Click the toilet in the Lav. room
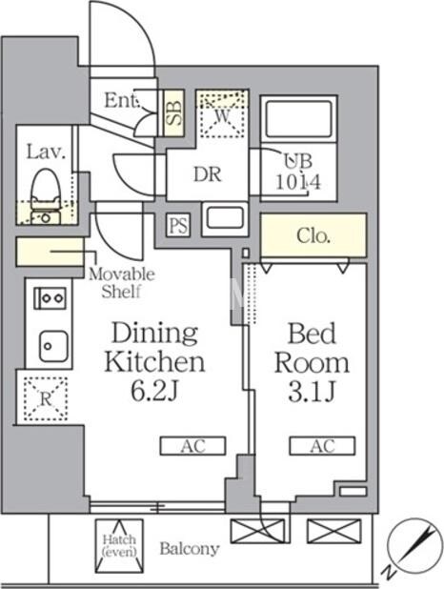46,195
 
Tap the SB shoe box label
174,113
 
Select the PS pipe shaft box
178,225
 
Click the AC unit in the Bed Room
322,446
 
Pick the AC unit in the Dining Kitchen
192,446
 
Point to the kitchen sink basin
54,346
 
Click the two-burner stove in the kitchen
50,298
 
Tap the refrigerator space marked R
46,398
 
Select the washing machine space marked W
222,113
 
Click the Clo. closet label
313,236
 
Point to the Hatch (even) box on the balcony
119,546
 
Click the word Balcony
190,549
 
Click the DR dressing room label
208,174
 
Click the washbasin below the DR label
225,219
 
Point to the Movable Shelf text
121,283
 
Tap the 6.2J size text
153,391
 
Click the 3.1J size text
312,391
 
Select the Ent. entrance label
122,100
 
